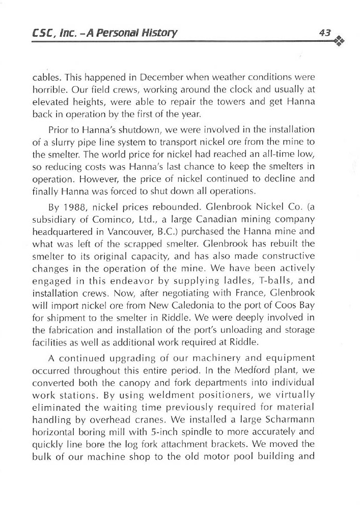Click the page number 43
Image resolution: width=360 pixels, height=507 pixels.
pyautogui.click(x=325, y=32)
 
